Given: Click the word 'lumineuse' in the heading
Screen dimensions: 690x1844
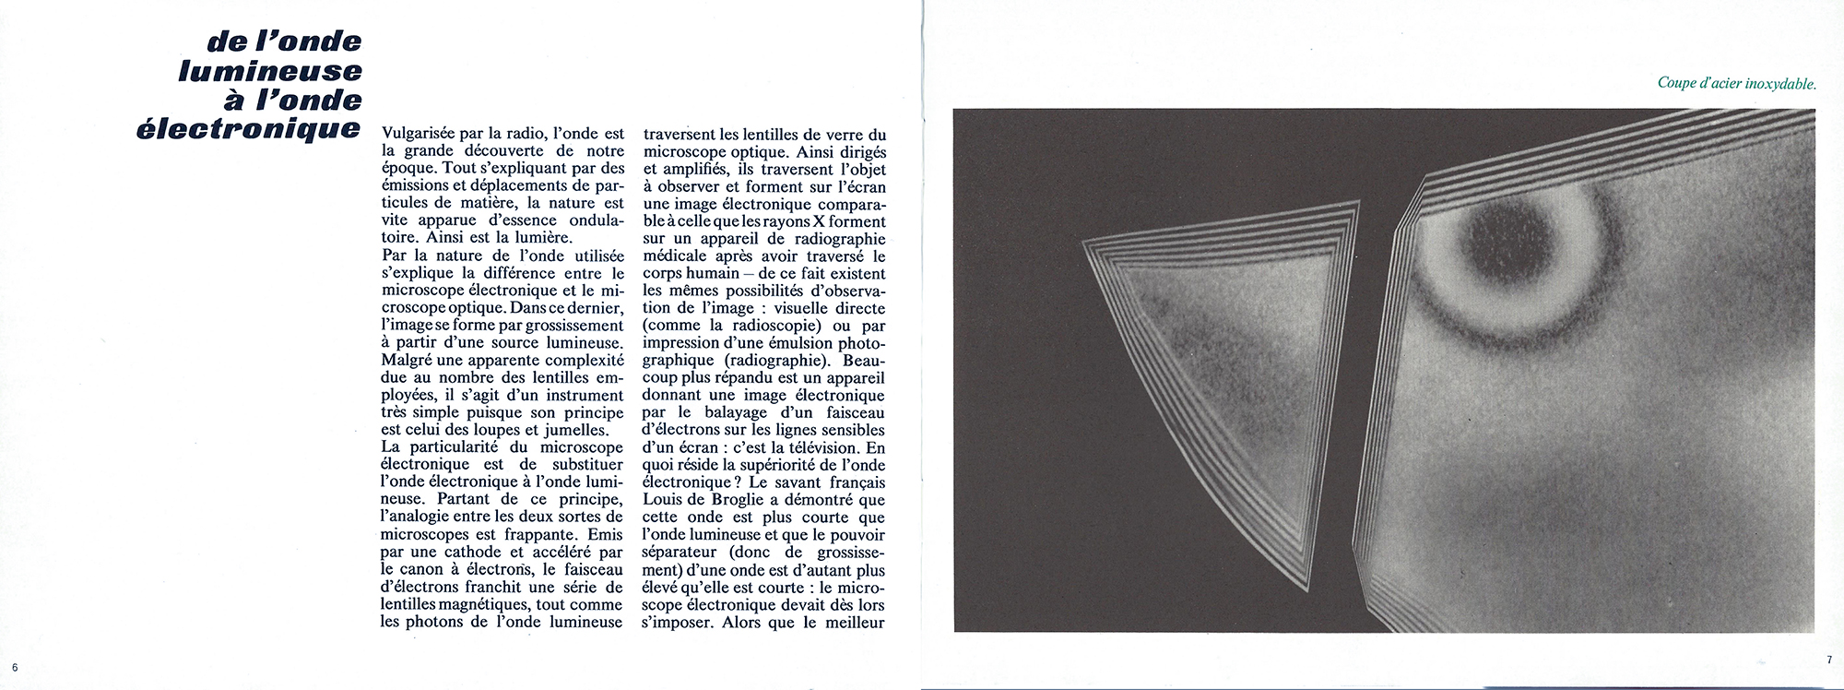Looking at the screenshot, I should [269, 71].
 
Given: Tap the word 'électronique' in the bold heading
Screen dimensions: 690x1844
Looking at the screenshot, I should [248, 129].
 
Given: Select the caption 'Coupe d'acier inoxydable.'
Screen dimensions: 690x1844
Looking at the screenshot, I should [1736, 84].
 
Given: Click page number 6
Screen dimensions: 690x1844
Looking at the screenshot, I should [15, 667].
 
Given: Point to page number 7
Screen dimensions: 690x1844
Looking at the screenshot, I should [1828, 660].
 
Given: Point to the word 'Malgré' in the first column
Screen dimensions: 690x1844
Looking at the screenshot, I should [406, 361].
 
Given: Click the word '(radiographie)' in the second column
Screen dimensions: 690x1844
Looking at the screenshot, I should [770, 361].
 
